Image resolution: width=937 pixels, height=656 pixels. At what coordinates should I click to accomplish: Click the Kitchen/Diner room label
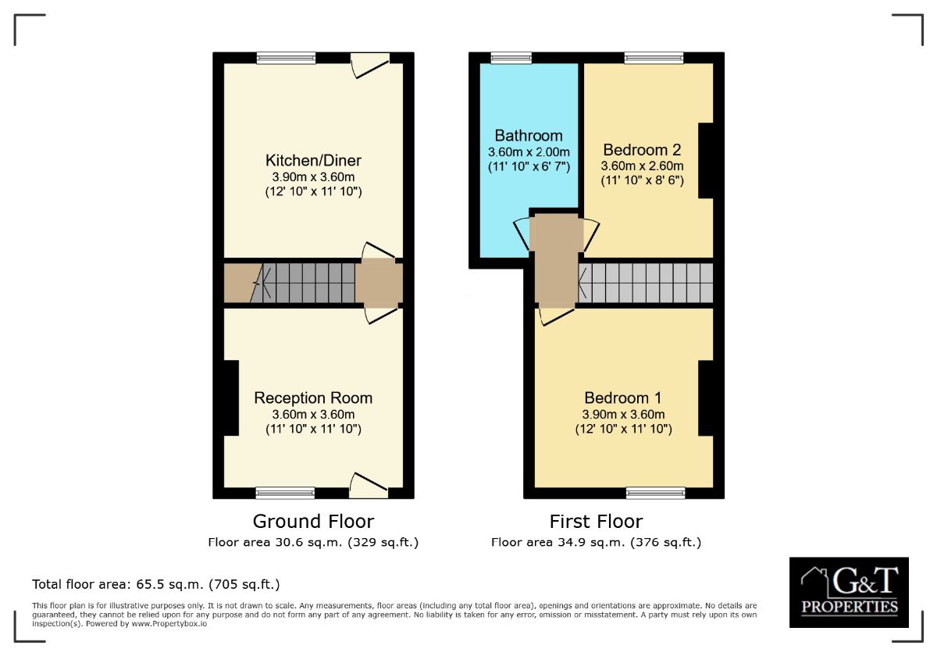tap(313, 160)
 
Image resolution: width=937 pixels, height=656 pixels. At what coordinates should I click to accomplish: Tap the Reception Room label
tap(313, 398)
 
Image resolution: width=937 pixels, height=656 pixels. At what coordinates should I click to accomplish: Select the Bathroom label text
tap(529, 135)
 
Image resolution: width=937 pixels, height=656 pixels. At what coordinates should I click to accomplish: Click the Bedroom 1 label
tap(622, 398)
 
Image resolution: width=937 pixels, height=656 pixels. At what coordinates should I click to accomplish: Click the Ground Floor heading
tap(313, 521)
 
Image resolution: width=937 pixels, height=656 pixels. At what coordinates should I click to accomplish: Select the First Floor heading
tap(596, 521)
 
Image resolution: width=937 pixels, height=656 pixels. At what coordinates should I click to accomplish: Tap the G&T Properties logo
tap(849, 592)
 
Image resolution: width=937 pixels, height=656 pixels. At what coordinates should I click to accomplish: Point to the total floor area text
tap(155, 584)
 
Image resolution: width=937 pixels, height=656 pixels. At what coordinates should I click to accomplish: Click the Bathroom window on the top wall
tap(511, 57)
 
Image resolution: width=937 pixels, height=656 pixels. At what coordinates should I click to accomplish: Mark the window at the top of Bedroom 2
tap(654, 57)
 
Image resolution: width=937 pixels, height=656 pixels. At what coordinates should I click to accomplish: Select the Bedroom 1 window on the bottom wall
tap(655, 493)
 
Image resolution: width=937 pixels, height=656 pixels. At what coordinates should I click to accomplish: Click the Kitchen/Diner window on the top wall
tap(286, 57)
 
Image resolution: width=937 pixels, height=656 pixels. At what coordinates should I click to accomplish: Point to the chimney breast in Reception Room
tap(230, 398)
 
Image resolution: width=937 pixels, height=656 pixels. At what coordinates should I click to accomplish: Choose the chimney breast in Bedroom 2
tap(706, 161)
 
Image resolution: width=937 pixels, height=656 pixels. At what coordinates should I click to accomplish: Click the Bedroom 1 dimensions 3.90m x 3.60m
tap(622, 415)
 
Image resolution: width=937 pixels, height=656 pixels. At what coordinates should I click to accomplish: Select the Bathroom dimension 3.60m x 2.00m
tap(529, 152)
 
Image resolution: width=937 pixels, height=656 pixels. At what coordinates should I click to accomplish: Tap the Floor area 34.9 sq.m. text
tap(596, 542)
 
